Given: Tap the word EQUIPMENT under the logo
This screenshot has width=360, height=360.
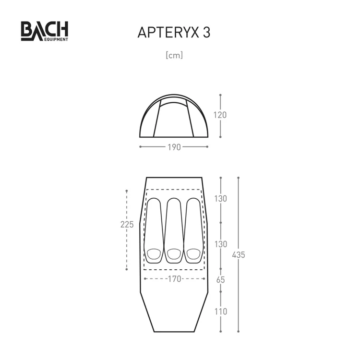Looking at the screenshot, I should (x=54, y=39).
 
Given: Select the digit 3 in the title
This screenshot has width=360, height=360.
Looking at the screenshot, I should (x=206, y=32).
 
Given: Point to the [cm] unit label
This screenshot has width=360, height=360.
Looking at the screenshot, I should (x=174, y=56).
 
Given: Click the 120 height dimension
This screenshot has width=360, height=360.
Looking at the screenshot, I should (x=220, y=115).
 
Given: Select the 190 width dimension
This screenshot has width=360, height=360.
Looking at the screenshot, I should (x=174, y=147).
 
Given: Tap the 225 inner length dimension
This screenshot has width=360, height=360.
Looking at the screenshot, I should (x=127, y=224).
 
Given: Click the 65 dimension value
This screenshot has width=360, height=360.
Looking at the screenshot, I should (x=220, y=279).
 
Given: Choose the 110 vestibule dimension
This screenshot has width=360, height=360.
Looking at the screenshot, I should (x=220, y=312).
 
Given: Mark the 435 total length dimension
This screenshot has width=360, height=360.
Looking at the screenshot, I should (x=239, y=255).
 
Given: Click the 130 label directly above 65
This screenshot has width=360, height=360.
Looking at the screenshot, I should (x=220, y=244).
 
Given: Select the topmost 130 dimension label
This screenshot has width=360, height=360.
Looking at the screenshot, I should (x=220, y=199).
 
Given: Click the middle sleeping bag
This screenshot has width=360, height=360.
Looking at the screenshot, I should (x=174, y=230).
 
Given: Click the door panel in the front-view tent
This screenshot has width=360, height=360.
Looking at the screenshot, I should (x=174, y=120).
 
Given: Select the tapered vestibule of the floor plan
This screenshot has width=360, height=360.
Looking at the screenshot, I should (x=174, y=312).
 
